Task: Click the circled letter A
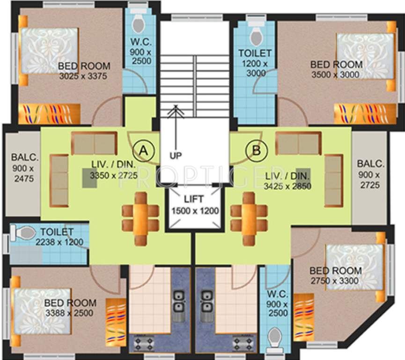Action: coord(144,150)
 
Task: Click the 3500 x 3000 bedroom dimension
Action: coord(336,75)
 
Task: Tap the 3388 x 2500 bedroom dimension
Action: coord(69,313)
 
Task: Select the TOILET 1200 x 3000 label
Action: coord(254,63)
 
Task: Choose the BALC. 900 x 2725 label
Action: coord(370,174)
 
